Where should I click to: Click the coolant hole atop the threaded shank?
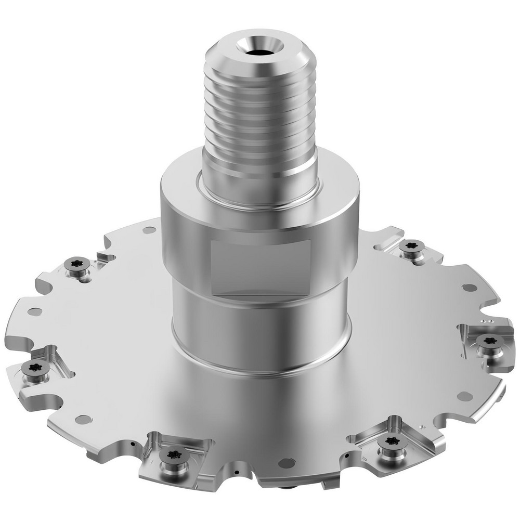258,52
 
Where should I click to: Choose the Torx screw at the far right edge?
489,341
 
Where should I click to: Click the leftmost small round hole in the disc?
35,312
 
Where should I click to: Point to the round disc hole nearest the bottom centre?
285,462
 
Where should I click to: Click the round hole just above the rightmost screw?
470,288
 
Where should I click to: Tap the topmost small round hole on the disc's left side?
149,230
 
